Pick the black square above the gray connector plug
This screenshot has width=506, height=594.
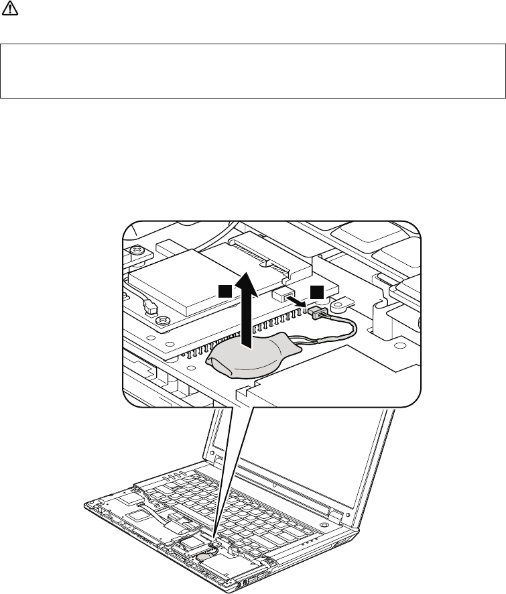[316, 291]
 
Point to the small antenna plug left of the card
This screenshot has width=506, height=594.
[149, 306]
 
